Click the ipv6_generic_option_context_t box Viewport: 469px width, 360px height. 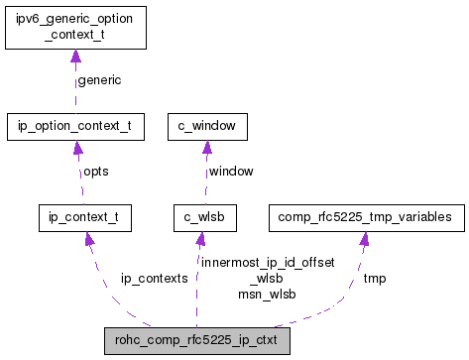(x=75, y=28)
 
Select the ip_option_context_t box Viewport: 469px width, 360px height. (x=75, y=127)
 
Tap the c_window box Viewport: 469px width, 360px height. (x=207, y=127)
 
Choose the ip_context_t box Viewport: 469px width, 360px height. (x=84, y=215)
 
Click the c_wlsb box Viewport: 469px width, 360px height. (x=200, y=215)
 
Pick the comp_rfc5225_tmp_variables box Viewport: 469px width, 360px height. (x=364, y=215)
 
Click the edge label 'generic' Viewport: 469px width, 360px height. (x=98, y=79)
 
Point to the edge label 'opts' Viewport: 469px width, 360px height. (x=95, y=171)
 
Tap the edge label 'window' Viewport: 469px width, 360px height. (x=230, y=171)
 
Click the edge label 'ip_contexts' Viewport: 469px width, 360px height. (x=154, y=279)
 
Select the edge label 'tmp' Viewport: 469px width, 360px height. (x=375, y=279)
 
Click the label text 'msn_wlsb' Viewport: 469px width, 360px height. (x=267, y=294)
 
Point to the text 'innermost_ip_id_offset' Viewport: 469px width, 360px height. (x=267, y=263)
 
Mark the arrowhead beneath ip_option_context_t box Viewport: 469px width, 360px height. (x=75, y=148)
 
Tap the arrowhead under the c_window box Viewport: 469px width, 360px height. (x=206, y=148)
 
